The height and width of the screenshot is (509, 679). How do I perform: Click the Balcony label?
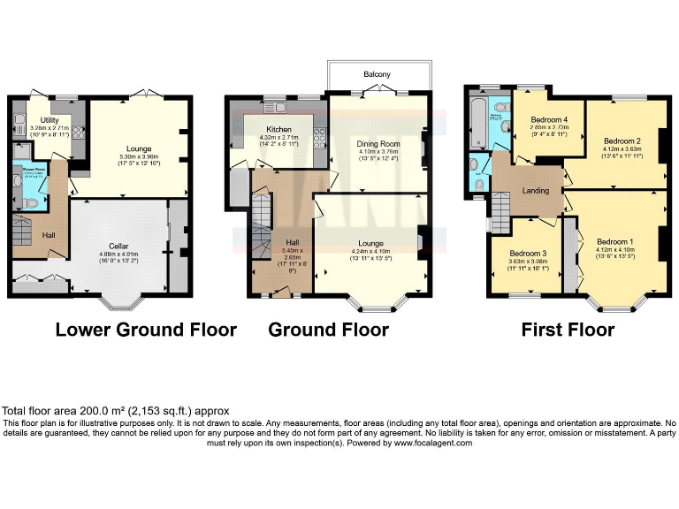pyautogui.click(x=378, y=74)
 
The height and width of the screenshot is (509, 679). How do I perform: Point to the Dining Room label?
pyautogui.click(x=378, y=143)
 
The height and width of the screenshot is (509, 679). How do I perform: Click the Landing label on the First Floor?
pyautogui.click(x=536, y=190)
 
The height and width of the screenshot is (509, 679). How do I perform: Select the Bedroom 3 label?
pyautogui.click(x=529, y=252)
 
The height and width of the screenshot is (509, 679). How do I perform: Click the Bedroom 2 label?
pyautogui.click(x=622, y=141)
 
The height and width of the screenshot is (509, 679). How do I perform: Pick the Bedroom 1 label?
pyautogui.click(x=614, y=241)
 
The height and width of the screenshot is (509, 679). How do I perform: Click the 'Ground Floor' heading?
pyautogui.click(x=328, y=330)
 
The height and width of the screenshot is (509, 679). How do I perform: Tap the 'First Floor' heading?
pyautogui.click(x=567, y=330)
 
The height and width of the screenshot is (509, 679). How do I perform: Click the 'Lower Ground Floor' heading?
pyautogui.click(x=146, y=330)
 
